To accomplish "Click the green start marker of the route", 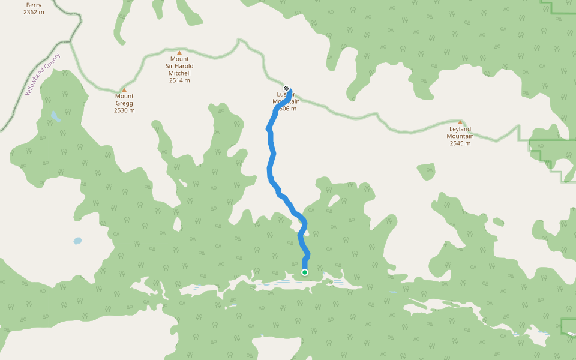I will coord(305,272).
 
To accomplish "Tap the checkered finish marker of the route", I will coord(287,89).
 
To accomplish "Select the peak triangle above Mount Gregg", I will coord(124,90).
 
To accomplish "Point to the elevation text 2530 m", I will coord(124,110).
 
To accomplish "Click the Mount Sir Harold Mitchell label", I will coord(179,66).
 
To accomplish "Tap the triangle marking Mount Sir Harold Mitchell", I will coord(179,53).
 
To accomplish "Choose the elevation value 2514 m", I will coord(179,80).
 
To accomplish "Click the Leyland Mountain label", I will coord(460,132).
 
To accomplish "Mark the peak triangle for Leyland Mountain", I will coord(460,122).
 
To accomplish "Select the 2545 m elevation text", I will coord(460,143).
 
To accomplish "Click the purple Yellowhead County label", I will coord(43,74).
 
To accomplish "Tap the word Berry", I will coord(34,4).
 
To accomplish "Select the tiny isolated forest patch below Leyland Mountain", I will coord(426,172).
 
